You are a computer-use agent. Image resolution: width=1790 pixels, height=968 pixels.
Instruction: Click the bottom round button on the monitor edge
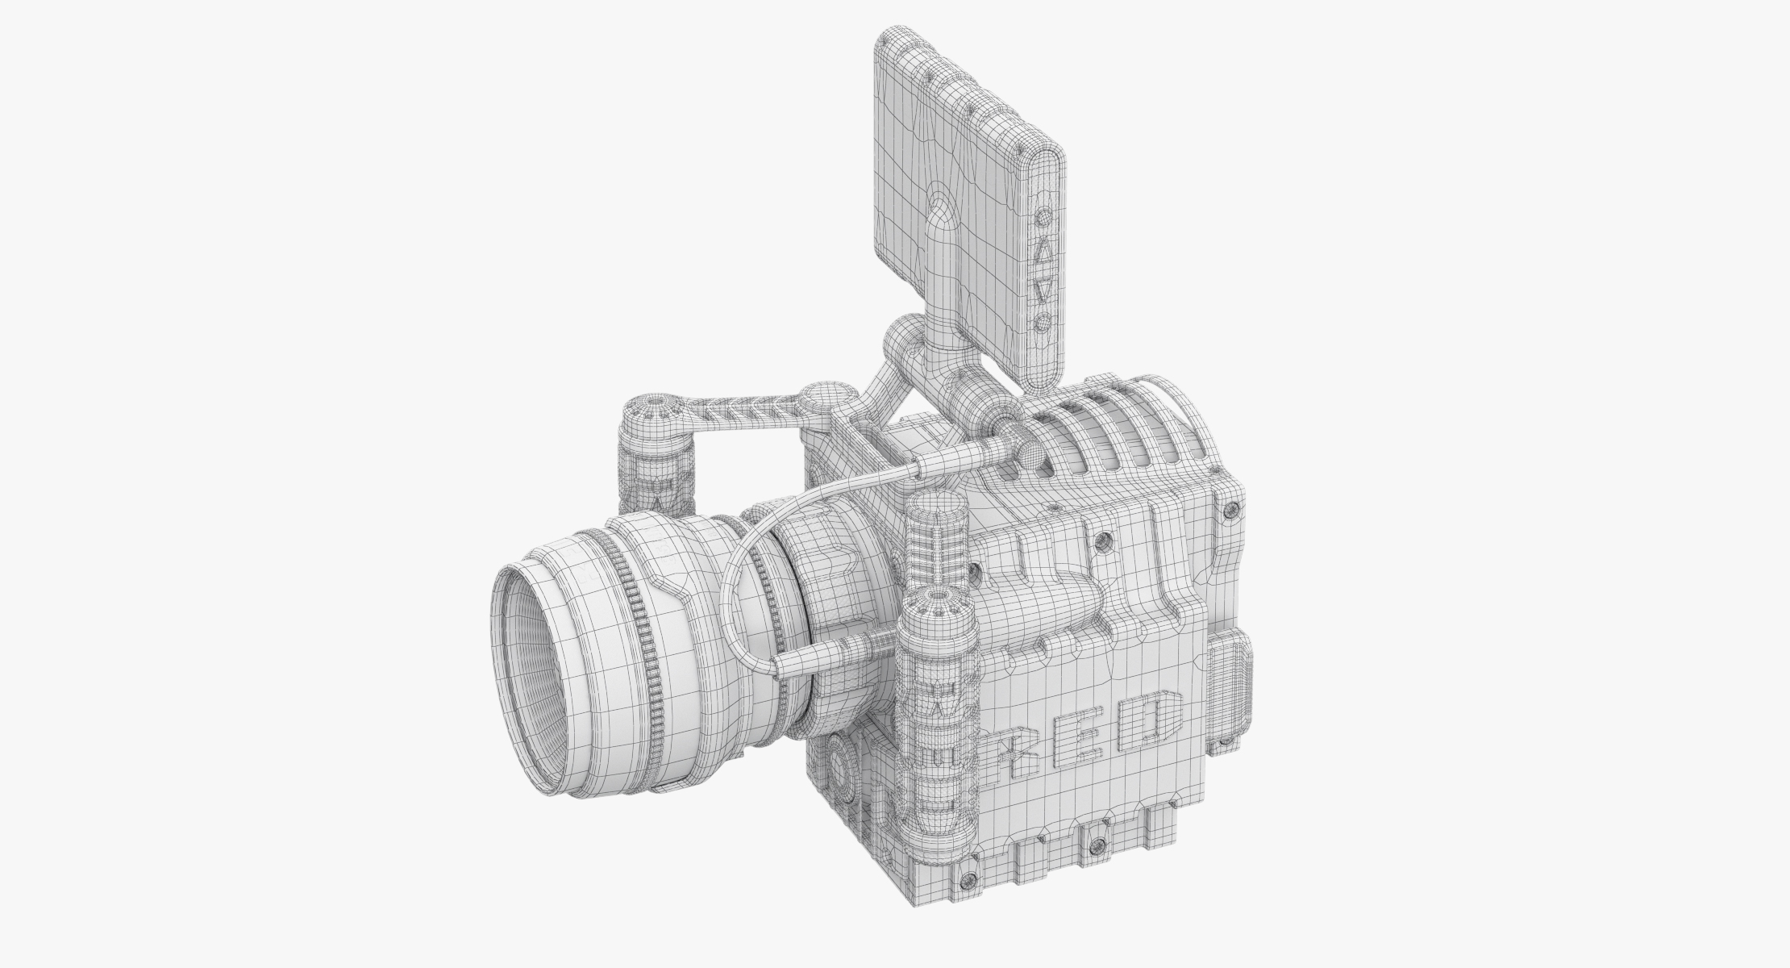pyautogui.click(x=1042, y=323)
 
